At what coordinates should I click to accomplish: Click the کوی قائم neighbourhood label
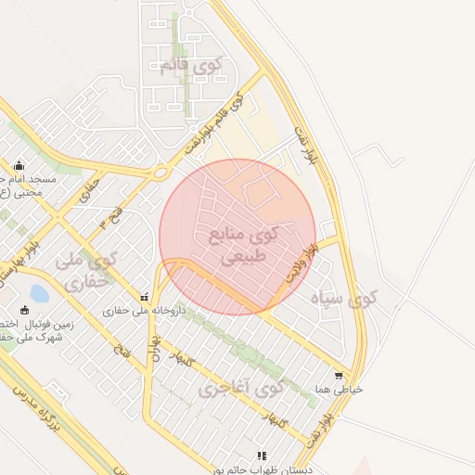pyautogui.click(x=193, y=66)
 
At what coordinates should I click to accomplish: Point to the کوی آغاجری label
pyautogui.click(x=240, y=388)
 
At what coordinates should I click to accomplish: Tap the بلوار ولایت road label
pyautogui.click(x=302, y=261)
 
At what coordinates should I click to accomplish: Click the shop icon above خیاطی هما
pyautogui.click(x=339, y=376)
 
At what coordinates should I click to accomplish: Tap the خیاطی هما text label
pyautogui.click(x=339, y=390)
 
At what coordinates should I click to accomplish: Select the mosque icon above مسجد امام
pyautogui.click(x=19, y=165)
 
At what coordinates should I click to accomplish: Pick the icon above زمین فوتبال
pyautogui.click(x=25, y=310)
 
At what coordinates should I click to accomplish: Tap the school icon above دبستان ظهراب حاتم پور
pyautogui.click(x=262, y=456)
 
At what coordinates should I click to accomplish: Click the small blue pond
pyautogui.click(x=39, y=294)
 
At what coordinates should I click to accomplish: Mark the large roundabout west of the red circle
pyautogui.click(x=160, y=172)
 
